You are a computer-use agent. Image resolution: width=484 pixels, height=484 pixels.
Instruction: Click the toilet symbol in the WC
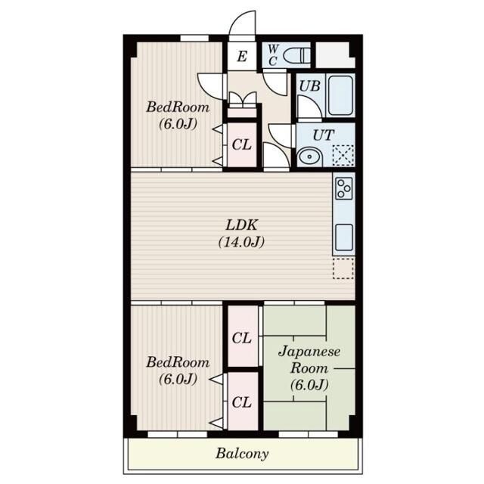click(x=296, y=55)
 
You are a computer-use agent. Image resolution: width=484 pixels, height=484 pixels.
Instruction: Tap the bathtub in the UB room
click(x=340, y=95)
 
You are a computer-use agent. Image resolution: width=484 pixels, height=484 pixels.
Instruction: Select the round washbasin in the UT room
click(x=309, y=157)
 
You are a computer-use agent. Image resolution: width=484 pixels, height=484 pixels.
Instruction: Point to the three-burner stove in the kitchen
click(x=344, y=188)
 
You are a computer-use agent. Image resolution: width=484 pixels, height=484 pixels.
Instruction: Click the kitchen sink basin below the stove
click(x=344, y=237)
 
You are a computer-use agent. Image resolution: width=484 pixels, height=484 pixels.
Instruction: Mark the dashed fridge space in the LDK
click(x=343, y=268)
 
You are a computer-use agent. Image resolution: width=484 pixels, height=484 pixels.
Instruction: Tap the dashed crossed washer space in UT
click(x=343, y=155)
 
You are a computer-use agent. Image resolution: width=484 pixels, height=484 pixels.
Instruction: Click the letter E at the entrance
click(x=242, y=57)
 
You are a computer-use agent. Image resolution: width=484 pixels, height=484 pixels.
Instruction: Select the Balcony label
click(x=242, y=454)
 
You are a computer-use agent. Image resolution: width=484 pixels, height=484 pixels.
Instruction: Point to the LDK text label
click(x=242, y=225)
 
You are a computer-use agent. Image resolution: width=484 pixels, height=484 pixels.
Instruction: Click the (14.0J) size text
click(x=241, y=242)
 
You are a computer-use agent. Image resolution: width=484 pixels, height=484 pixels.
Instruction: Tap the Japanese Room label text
click(x=309, y=360)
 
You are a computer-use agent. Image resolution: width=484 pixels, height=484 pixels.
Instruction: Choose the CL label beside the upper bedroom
click(x=242, y=144)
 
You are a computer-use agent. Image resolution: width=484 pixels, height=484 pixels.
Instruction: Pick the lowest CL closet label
click(x=242, y=402)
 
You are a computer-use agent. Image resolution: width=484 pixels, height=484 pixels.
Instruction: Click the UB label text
click(x=309, y=86)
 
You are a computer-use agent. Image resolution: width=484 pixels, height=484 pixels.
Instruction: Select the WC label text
click(x=273, y=55)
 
